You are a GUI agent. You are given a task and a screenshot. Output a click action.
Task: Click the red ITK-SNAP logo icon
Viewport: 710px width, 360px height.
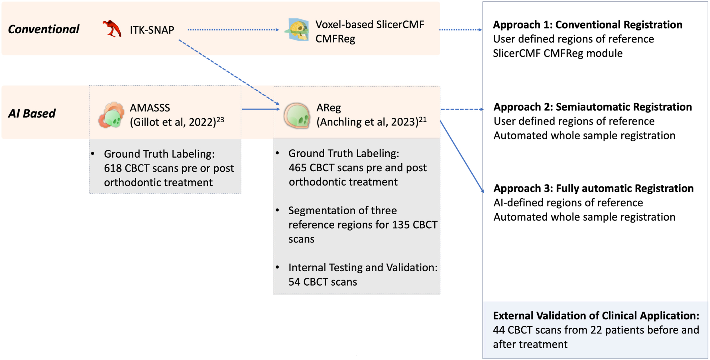[x=112, y=29]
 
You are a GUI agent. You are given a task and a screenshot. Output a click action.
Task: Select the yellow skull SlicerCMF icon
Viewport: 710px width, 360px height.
[x=297, y=30]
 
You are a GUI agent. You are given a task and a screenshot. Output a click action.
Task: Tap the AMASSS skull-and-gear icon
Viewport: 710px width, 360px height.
[x=111, y=115]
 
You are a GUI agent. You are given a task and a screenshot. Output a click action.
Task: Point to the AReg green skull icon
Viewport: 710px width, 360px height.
[x=297, y=115]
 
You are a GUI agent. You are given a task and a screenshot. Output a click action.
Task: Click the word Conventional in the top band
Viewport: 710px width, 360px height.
[x=43, y=29]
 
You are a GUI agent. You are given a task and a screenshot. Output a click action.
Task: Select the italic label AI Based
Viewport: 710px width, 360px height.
[x=32, y=113]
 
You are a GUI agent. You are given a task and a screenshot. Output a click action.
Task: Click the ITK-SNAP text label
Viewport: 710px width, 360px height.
[x=152, y=30]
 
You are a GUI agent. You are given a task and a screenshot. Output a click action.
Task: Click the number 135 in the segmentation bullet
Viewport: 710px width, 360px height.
[x=400, y=225]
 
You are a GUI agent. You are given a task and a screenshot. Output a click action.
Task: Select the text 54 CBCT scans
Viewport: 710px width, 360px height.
[x=323, y=282]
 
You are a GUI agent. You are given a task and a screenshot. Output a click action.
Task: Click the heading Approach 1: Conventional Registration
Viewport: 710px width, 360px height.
[x=588, y=25]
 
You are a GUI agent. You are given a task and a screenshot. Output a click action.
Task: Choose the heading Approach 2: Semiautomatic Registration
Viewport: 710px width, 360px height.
[x=593, y=107]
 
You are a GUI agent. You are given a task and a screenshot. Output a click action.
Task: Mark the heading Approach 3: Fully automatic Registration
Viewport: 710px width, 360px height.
[x=594, y=188]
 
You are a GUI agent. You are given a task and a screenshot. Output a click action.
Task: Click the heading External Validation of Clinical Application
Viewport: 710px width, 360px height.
[x=596, y=316]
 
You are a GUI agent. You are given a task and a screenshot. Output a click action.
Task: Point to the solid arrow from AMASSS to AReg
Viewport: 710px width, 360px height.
[x=261, y=109]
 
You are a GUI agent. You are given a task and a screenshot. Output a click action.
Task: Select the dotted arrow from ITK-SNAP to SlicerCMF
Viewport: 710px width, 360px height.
[x=233, y=30]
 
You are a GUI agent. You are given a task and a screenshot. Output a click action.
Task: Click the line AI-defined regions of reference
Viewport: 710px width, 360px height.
[x=568, y=203]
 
